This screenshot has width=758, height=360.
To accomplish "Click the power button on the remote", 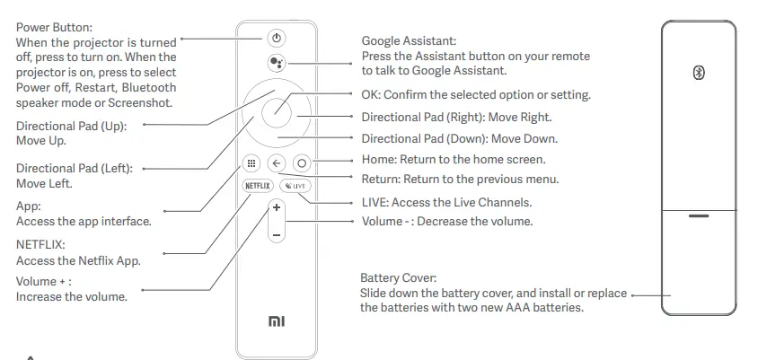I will click(277, 39).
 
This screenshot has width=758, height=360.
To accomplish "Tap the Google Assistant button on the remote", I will click(277, 63).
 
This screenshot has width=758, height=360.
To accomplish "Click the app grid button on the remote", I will click(251, 164).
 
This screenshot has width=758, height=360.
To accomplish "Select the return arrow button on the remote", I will click(276, 164).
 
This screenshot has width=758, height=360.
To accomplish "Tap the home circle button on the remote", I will click(301, 164).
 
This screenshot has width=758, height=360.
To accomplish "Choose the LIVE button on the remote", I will click(295, 186).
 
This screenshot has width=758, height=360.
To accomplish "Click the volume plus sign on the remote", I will click(277, 207).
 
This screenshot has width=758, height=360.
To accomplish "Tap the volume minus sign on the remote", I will click(277, 235).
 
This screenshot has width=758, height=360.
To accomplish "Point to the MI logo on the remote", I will click(277, 320).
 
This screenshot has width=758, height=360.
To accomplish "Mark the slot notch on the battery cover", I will click(699, 215).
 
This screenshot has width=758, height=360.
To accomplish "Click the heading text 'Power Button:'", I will click(54, 27).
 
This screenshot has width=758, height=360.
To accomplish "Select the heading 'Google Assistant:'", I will click(409, 41).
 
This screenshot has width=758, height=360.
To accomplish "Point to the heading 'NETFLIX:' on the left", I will click(41, 243).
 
